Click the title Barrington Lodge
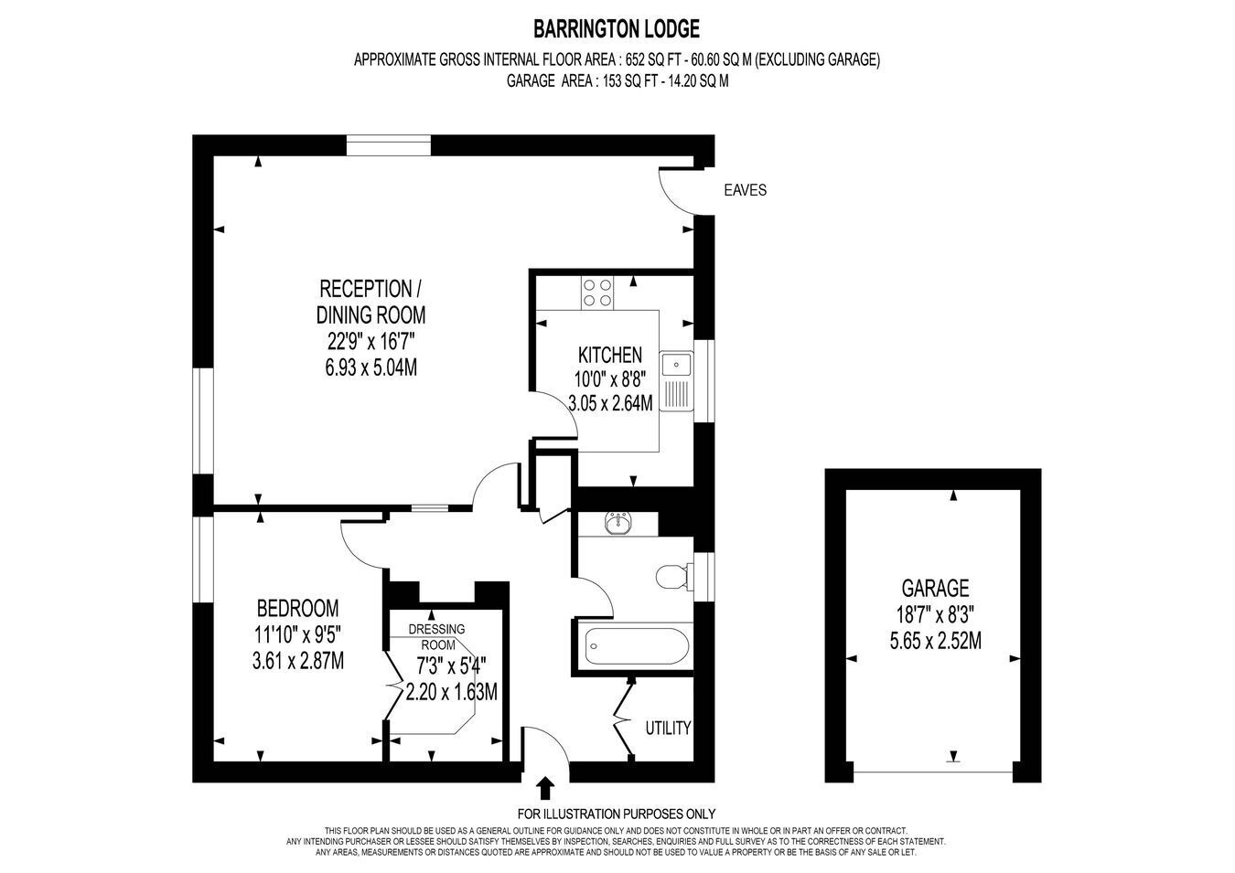coord(617,28)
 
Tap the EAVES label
coord(745,190)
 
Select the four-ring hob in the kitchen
coord(597,293)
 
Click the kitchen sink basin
coord(676,364)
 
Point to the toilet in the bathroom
coord(672,577)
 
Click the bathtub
coord(637,646)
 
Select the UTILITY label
coord(668,729)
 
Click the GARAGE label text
coord(935,588)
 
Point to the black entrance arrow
coord(545,788)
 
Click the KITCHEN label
coord(610,355)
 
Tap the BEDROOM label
coord(297,609)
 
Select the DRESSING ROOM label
coord(436,637)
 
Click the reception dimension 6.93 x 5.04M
coord(371,367)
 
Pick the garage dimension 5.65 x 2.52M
coord(936,641)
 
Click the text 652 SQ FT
coord(657,59)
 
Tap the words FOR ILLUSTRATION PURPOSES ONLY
coord(617,814)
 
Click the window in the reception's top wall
coord(389,145)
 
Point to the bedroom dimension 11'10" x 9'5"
coord(297,635)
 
